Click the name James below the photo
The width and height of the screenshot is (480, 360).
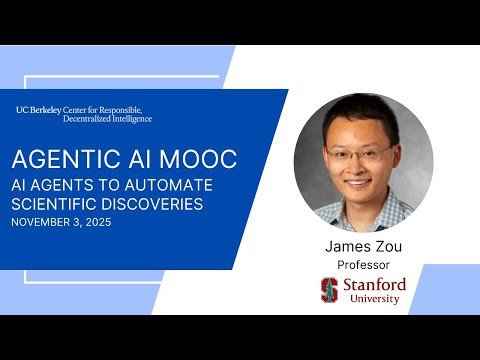[x=347, y=246]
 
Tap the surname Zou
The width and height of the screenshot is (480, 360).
[x=387, y=246]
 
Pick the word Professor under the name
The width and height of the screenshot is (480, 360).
[x=363, y=265]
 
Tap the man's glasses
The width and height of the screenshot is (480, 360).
[x=357, y=154]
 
